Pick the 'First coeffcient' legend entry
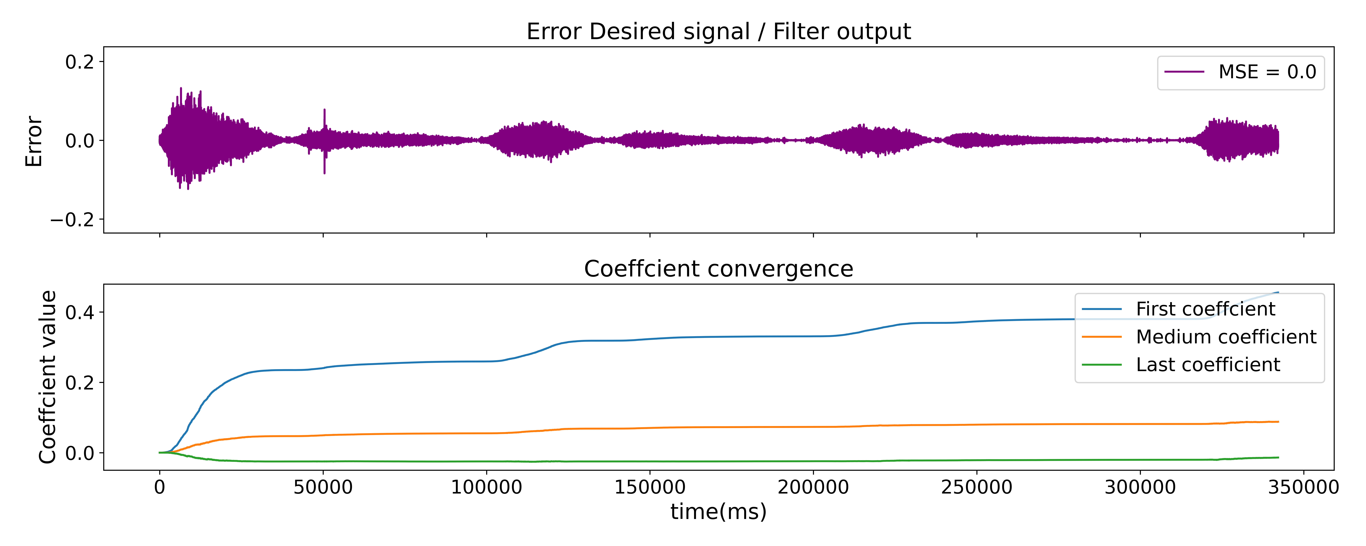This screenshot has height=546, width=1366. (x=1205, y=309)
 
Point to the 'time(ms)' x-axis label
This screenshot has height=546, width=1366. (x=719, y=512)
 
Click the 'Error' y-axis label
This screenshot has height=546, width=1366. (x=34, y=141)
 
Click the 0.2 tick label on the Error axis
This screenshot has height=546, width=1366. (x=80, y=62)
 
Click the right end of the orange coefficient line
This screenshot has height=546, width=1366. (x=1278, y=422)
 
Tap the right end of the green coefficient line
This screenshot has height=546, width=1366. (x=1278, y=457)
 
